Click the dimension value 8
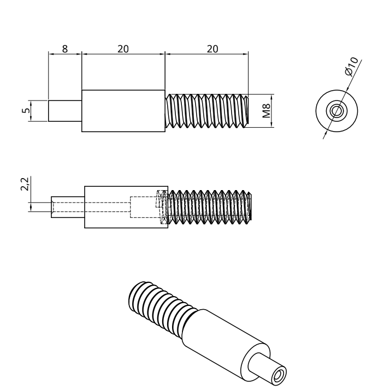coord(64,49)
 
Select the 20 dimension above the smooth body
coord(123,49)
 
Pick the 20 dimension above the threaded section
coord(212,49)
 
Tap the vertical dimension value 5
coord(25,111)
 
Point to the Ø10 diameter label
coord(351,66)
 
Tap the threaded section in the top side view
coord(206,111)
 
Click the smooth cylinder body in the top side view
coord(123,111)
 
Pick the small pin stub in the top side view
coord(64,111)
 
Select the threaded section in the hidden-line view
coord(210,206)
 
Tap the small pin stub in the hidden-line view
coord(67,206)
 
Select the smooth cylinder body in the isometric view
coord(218,339)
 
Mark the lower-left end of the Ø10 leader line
coord(323,138)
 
